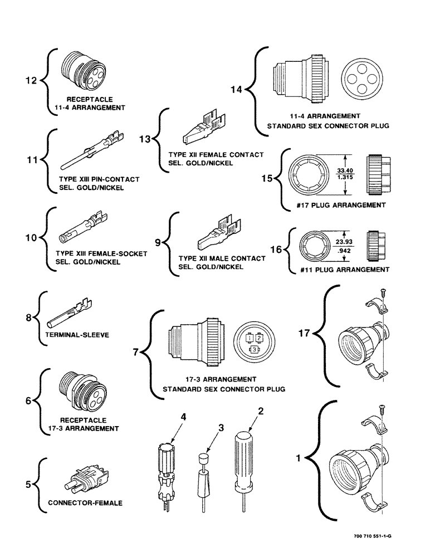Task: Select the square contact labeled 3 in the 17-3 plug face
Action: tap(255, 349)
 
